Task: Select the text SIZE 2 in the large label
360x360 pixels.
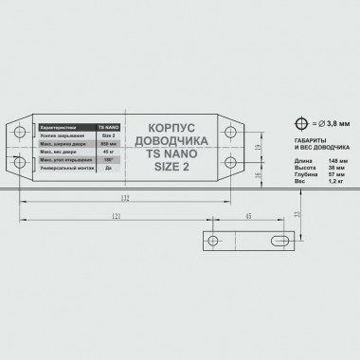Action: [x=171, y=167]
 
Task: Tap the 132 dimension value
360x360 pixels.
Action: [x=124, y=197]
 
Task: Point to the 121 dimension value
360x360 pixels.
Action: [x=114, y=217]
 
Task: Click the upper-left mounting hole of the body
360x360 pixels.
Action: [x=21, y=129]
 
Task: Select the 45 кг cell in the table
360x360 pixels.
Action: [x=107, y=151]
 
